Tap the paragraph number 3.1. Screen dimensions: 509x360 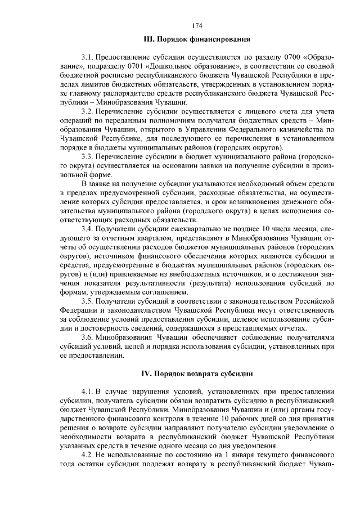coord(88,58)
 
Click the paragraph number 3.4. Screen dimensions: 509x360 coord(88,229)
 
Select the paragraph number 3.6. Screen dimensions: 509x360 coord(88,337)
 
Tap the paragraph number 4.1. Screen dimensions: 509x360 coord(88,391)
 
